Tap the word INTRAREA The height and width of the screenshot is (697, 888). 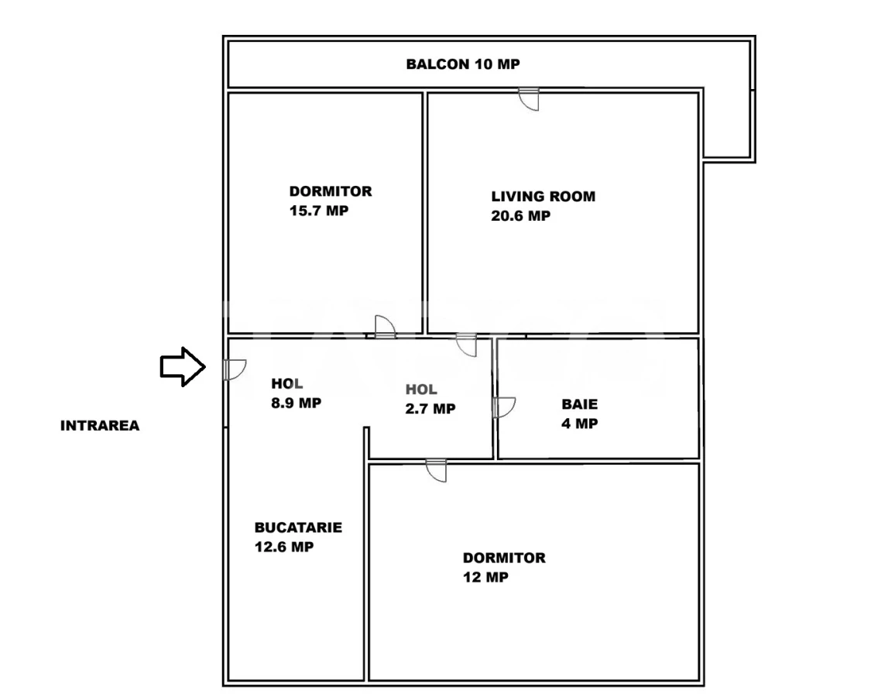pyautogui.click(x=100, y=425)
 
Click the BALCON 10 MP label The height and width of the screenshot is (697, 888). pyautogui.click(x=463, y=64)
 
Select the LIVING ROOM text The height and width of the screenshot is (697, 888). pyautogui.click(x=543, y=197)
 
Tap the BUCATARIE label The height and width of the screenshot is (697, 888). pyautogui.click(x=298, y=527)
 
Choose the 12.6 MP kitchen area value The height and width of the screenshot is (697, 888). pyautogui.click(x=283, y=547)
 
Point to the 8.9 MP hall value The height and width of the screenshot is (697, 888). pyautogui.click(x=297, y=403)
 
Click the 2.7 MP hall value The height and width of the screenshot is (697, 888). pyautogui.click(x=430, y=409)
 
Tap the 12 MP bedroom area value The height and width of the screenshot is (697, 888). pyautogui.click(x=485, y=577)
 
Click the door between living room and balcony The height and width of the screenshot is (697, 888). pyautogui.click(x=529, y=98)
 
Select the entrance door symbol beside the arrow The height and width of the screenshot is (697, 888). pyautogui.click(x=233, y=370)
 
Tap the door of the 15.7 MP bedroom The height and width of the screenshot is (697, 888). pyautogui.click(x=384, y=328)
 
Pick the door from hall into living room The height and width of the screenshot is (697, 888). pyautogui.click(x=467, y=345)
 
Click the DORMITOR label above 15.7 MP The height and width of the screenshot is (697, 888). pyautogui.click(x=331, y=191)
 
